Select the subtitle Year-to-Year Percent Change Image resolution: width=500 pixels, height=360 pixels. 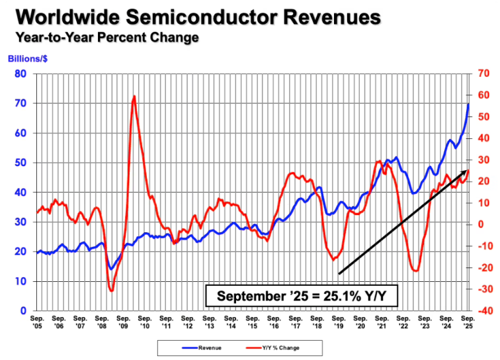point(103,37)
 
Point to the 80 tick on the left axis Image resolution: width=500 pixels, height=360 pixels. point(21,73)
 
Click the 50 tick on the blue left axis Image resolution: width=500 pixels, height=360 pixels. point(21,162)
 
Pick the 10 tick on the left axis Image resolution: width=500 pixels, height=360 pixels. point(21,281)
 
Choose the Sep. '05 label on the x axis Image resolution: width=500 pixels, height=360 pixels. point(37,322)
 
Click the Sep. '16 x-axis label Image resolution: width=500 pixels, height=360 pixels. point(274,322)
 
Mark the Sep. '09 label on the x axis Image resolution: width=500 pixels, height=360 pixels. point(123,322)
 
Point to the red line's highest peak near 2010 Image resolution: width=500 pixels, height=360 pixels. point(134,97)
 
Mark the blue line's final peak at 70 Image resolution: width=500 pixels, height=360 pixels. point(468,104)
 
